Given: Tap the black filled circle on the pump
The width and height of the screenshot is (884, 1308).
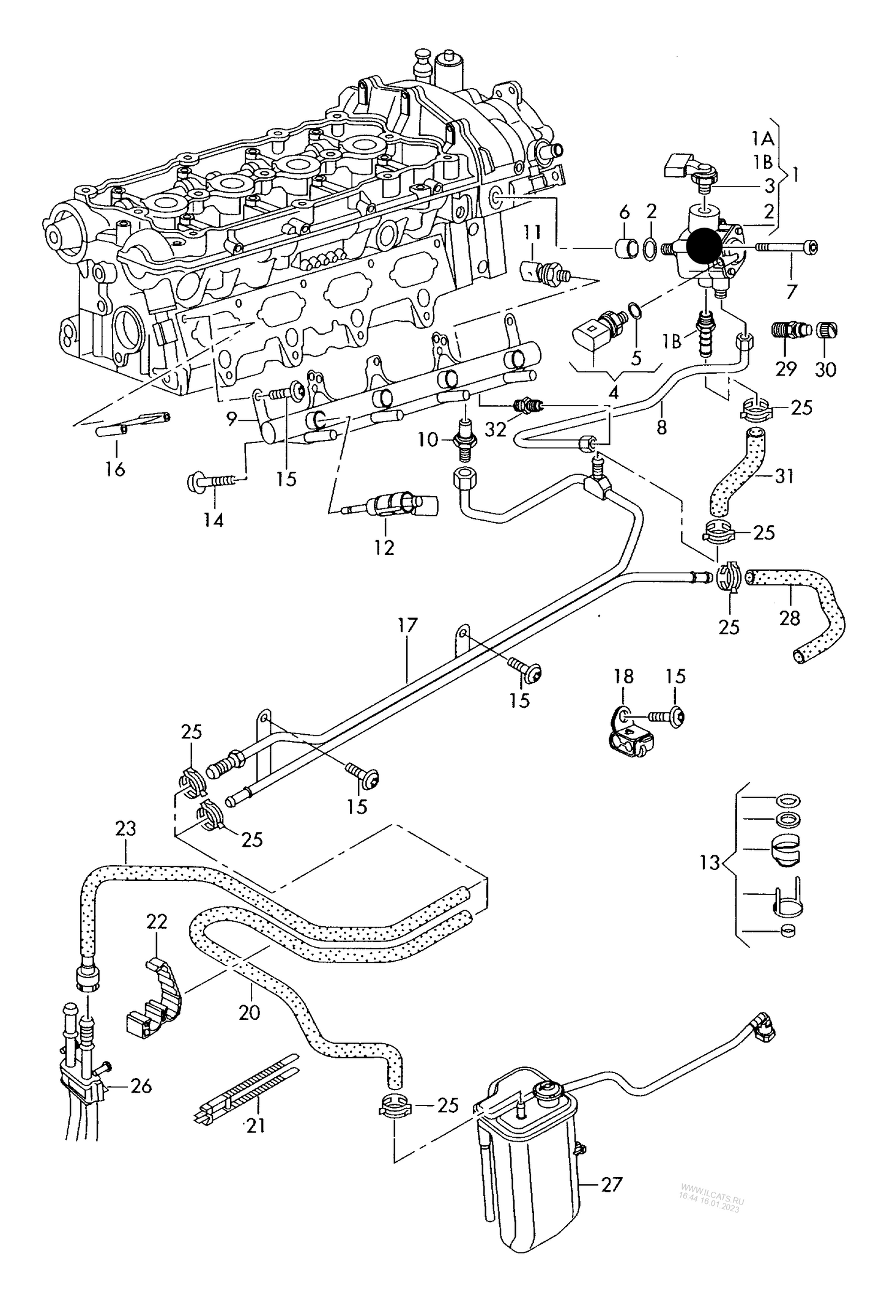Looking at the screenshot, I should tap(704, 247).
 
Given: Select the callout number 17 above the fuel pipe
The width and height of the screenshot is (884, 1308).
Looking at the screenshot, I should tap(407, 625).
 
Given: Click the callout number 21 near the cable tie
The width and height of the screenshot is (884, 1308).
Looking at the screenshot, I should tap(255, 1124).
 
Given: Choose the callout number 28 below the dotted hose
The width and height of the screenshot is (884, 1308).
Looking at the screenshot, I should tap(789, 618).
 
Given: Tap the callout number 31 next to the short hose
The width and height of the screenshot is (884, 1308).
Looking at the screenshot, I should tap(784, 475).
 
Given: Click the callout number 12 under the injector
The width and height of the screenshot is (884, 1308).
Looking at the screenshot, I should tap(384, 546).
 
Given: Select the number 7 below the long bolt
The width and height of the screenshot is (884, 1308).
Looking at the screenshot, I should tap(792, 292).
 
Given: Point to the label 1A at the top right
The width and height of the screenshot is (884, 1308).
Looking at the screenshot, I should tap(763, 139).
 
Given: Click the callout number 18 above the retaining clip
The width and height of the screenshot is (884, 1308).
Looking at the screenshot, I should tap(624, 676).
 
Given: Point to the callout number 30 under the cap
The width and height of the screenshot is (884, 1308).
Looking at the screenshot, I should tap(825, 369).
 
